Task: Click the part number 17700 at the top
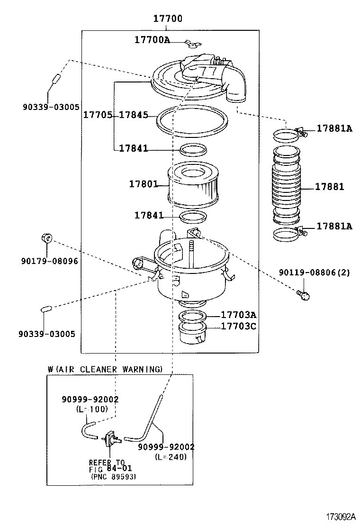[167, 18]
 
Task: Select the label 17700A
[152, 40]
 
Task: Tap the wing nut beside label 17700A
[192, 45]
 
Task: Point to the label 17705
[98, 115]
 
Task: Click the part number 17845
[133, 115]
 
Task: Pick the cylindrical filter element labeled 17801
[193, 185]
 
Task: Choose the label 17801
[143, 184]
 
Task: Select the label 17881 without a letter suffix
[330, 187]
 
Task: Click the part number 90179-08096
[49, 261]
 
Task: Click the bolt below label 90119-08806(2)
[303, 295]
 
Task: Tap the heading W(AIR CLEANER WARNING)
[105, 369]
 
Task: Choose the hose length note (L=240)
[171, 457]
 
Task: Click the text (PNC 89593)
[113, 477]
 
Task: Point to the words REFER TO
[107, 463]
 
